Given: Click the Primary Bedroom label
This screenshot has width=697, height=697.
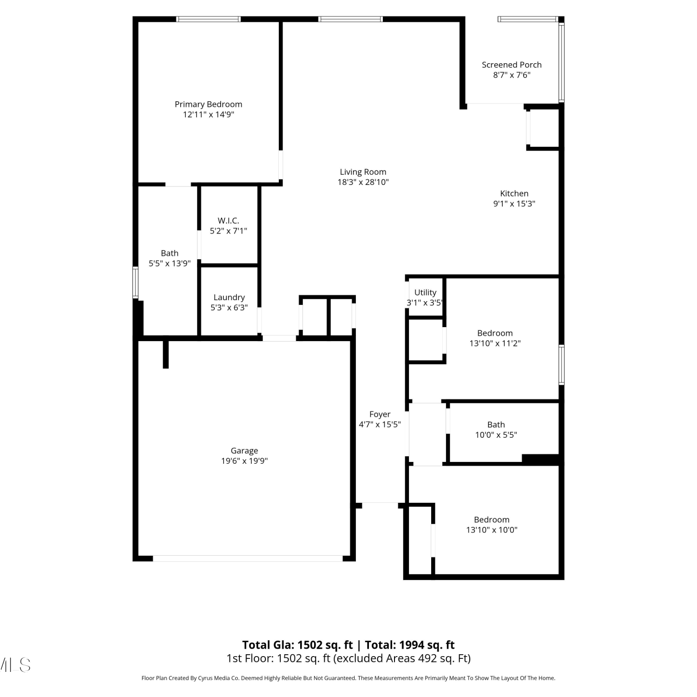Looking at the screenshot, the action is (208, 105).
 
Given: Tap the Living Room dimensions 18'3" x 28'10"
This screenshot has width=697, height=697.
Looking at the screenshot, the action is (363, 182).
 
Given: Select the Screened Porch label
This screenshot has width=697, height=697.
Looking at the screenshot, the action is (512, 65).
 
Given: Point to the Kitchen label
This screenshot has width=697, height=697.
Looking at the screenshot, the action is (514, 193).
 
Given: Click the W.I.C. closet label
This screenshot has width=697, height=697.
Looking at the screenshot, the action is (228, 221).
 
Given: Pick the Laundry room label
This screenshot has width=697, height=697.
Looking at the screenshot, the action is (229, 297).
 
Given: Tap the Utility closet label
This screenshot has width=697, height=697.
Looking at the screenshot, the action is (425, 292).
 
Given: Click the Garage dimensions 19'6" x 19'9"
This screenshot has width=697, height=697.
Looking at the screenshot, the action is (244, 461).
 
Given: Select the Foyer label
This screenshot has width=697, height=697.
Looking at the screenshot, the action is (380, 414).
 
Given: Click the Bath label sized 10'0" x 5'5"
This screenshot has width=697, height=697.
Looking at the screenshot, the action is (496, 425).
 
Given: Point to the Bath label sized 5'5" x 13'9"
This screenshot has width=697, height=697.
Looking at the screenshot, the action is (170, 253).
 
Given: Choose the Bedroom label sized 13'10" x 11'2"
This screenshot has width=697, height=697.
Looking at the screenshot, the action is (495, 333).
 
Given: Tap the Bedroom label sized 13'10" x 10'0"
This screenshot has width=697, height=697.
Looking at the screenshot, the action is (492, 519).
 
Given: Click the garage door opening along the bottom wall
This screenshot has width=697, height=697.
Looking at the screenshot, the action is (248, 559).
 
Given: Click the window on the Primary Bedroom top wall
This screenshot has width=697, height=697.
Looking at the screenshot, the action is (208, 19).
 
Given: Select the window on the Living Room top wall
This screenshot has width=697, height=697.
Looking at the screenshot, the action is (350, 19).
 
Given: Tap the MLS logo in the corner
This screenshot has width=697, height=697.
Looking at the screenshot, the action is (15, 665).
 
